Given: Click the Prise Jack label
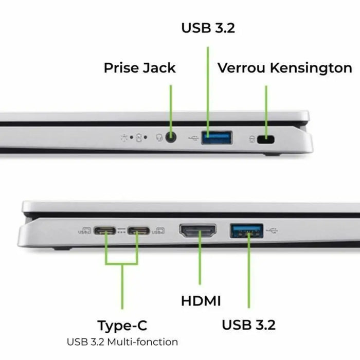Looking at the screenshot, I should point(139,68).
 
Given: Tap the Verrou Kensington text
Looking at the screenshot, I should point(284,68).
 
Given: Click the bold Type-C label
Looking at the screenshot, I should point(122,325).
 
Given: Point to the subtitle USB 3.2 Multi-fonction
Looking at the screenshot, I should point(122,341).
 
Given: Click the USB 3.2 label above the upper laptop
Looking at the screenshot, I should point(208,28).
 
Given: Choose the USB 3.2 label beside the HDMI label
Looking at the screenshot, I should point(248,325).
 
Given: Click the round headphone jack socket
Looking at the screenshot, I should point(171,137).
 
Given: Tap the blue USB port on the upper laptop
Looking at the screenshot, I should point(216,137).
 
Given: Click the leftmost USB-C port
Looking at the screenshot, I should point(105,231).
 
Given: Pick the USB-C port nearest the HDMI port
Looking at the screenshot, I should point(138,231).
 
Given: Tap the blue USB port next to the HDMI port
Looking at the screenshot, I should point(246,230).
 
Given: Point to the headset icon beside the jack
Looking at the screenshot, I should point(159,138).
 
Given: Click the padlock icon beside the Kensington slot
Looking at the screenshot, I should point(251,138).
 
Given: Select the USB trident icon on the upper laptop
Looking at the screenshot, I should point(193,138).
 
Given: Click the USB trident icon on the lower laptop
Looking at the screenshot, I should point(272,230).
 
